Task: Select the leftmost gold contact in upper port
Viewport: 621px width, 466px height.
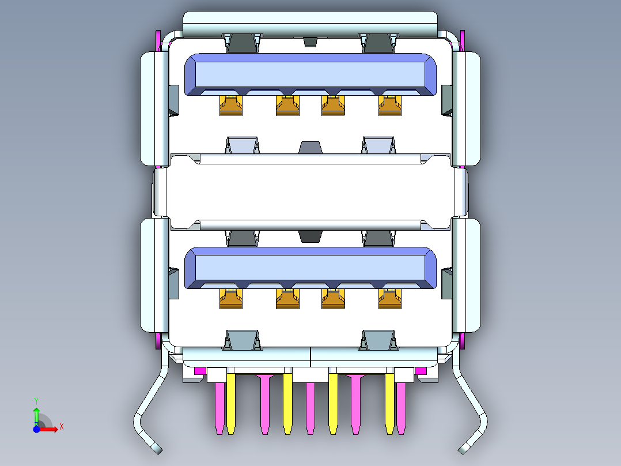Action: tap(231, 106)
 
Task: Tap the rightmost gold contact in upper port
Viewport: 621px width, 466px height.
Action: tap(390, 106)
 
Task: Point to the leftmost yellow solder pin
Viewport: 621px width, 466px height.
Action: tap(231, 404)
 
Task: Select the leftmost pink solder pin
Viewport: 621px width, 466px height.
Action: tap(219, 407)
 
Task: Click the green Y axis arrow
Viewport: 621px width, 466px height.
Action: tap(36, 414)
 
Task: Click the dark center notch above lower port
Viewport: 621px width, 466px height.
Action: tap(312, 236)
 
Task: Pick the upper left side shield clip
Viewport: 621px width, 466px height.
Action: tap(154, 107)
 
